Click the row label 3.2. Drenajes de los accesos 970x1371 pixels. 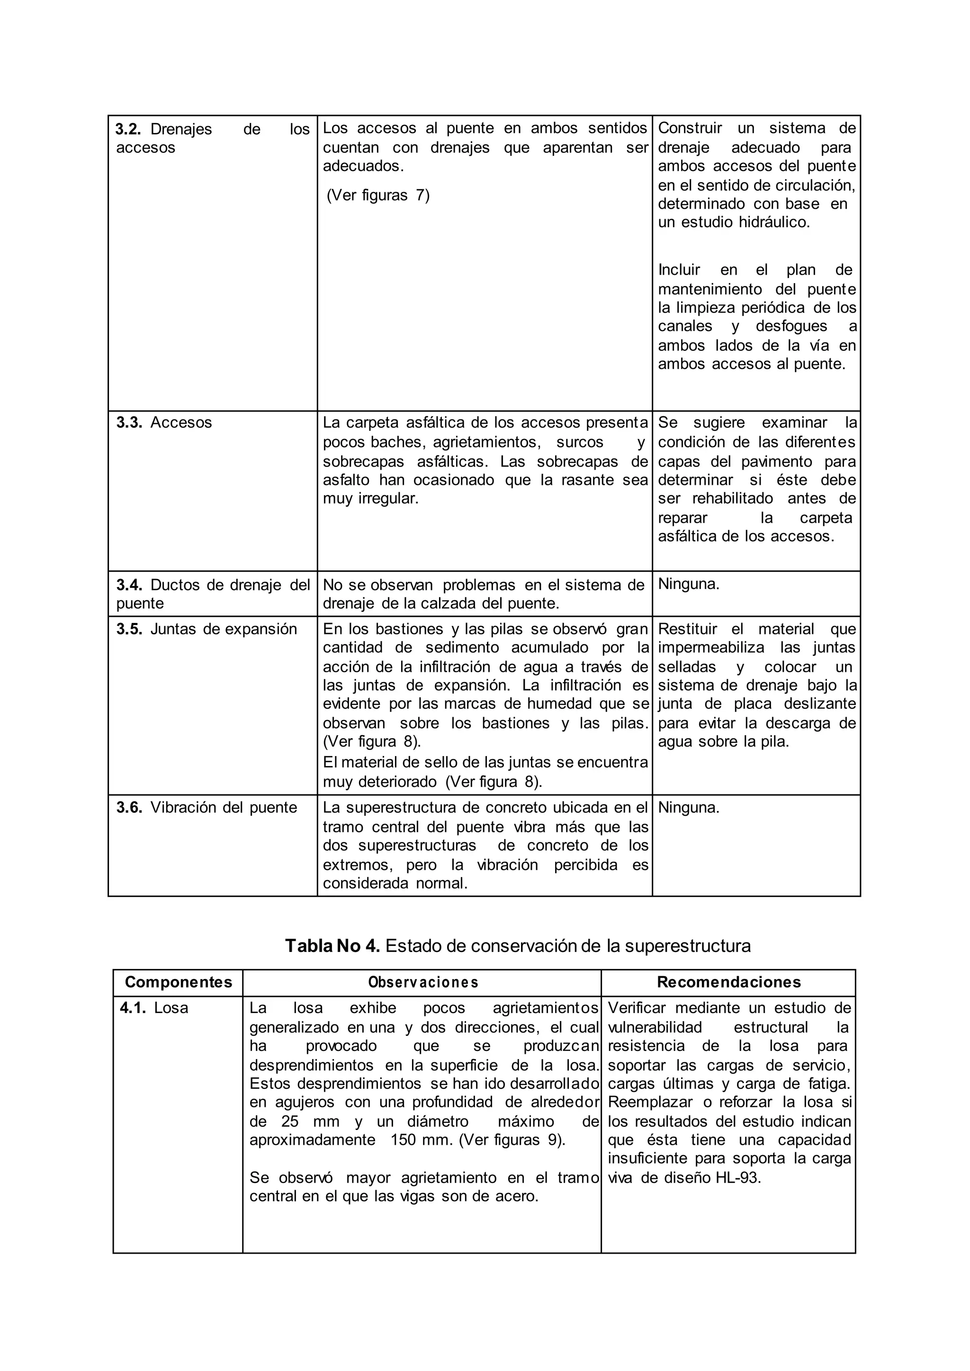pos(212,138)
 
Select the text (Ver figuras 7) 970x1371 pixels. pos(378,195)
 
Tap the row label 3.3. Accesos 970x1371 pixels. pos(164,422)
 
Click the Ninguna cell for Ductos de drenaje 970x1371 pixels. pos(689,584)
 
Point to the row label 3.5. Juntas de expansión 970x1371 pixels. pos(207,629)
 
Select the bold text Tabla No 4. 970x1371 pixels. pos(332,946)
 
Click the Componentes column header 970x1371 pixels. pos(178,982)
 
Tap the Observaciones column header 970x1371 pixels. pos(423,982)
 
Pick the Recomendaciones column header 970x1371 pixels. pos(729,982)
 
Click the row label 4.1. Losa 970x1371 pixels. pos(154,1008)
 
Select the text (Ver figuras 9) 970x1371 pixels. pos(512,1140)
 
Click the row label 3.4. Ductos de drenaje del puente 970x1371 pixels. pos(213,594)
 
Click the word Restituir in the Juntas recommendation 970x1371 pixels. pos(688,629)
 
